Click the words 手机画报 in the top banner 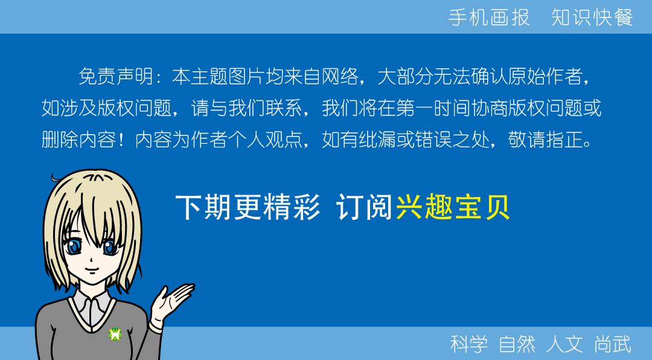[489, 18]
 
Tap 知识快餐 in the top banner [592, 18]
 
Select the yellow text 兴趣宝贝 [453, 208]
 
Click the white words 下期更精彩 [248, 208]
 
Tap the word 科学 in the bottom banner [469, 344]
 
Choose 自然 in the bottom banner [517, 344]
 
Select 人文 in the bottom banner [564, 344]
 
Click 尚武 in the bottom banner [613, 344]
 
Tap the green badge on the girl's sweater [115, 333]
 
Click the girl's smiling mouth [89, 270]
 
